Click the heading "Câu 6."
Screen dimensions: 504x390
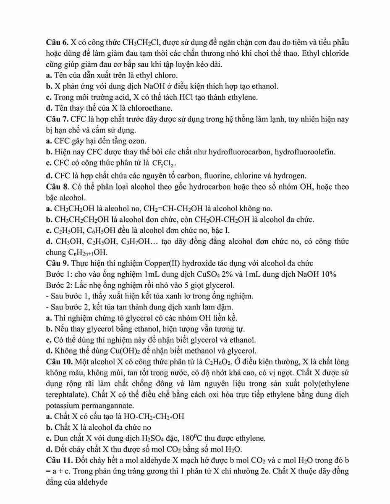point(56,43)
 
